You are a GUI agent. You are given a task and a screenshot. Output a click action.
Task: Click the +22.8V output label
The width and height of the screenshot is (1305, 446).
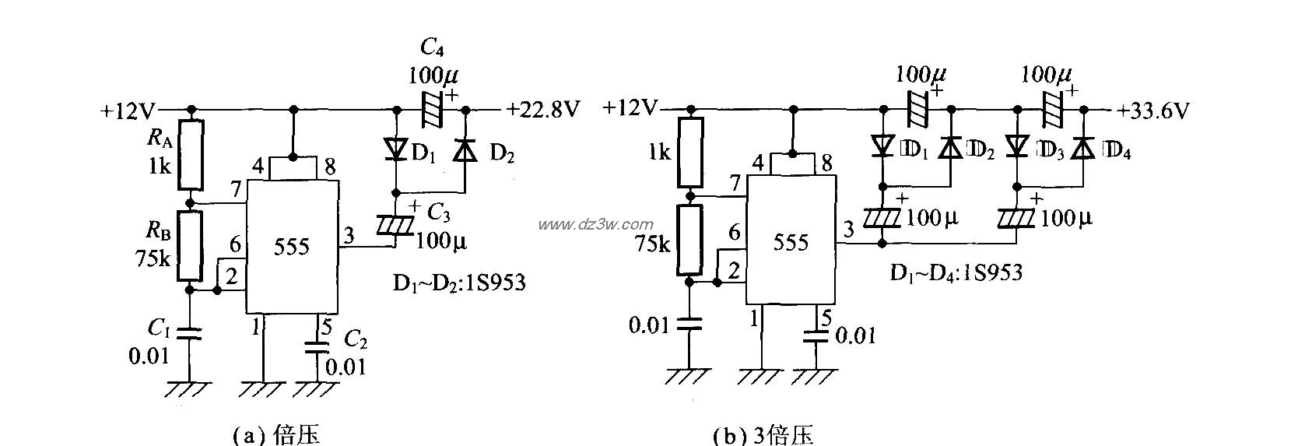click(x=543, y=110)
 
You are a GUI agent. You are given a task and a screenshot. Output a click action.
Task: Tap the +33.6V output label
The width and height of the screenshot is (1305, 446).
click(x=1153, y=111)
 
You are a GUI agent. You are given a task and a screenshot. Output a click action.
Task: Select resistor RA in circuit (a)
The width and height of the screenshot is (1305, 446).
click(x=191, y=155)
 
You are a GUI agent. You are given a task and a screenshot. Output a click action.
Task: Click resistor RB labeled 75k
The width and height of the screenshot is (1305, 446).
click(x=191, y=245)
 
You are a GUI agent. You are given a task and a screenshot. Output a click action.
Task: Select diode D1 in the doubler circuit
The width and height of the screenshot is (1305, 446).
click(x=396, y=149)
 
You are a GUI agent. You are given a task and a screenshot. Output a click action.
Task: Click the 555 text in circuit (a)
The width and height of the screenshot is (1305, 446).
click(x=292, y=247)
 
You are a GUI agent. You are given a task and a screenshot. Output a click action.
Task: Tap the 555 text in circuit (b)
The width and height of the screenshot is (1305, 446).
click(x=791, y=242)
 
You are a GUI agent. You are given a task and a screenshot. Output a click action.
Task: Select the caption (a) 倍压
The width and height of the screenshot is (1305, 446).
click(x=276, y=434)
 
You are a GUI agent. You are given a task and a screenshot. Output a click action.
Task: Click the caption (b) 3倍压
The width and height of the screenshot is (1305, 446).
click(x=763, y=434)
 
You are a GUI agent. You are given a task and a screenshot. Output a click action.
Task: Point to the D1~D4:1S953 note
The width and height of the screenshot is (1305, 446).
click(x=956, y=272)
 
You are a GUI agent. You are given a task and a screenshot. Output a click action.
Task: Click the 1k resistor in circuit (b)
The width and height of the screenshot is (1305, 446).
click(x=689, y=153)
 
